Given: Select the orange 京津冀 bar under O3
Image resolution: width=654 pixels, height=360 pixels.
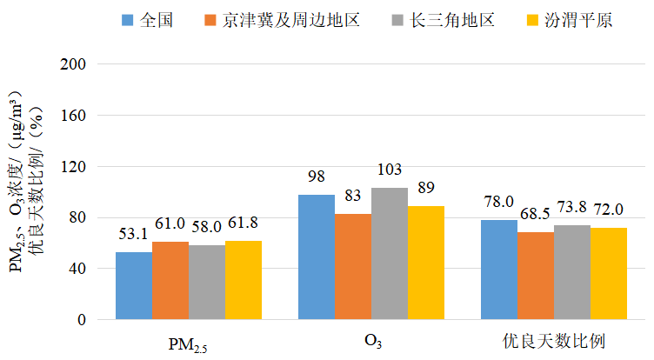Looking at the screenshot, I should click(353, 266).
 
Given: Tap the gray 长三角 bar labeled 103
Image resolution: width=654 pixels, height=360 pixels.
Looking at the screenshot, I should click(390, 253).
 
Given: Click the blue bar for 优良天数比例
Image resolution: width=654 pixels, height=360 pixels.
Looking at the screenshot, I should click(499, 270).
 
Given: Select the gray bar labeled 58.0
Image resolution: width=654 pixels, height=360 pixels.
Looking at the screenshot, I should click(207, 282).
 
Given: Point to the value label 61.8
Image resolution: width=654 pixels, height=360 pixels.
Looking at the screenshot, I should click(244, 223).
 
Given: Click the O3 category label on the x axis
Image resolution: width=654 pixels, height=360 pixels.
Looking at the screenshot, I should click(372, 341).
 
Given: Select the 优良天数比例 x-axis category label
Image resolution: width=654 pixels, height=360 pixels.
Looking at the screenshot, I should click(554, 340).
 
